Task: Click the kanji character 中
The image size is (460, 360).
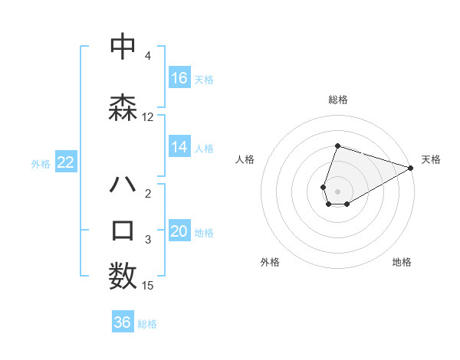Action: (x=123, y=47)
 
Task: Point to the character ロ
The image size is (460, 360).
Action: (x=123, y=231)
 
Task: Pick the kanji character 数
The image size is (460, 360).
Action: (x=123, y=276)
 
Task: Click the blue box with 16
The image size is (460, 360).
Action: (x=179, y=78)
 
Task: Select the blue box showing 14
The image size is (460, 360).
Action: (x=179, y=147)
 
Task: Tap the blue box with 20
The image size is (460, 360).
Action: (x=179, y=232)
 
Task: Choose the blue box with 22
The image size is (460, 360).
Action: (x=65, y=162)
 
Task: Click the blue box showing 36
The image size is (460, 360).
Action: (x=123, y=322)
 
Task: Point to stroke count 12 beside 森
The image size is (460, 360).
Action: (x=147, y=117)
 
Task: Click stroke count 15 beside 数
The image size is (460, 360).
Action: (x=148, y=286)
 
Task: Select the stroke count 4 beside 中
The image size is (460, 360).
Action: (x=147, y=56)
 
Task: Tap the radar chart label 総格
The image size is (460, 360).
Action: (x=338, y=100)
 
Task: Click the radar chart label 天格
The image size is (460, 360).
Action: (x=431, y=159)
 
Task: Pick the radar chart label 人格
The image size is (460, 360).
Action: (x=245, y=159)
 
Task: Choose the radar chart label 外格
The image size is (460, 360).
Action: (x=270, y=262)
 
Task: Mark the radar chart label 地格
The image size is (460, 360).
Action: (x=402, y=262)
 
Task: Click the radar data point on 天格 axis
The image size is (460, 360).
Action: (x=411, y=168)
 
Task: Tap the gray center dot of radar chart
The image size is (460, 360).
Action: (x=338, y=191)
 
